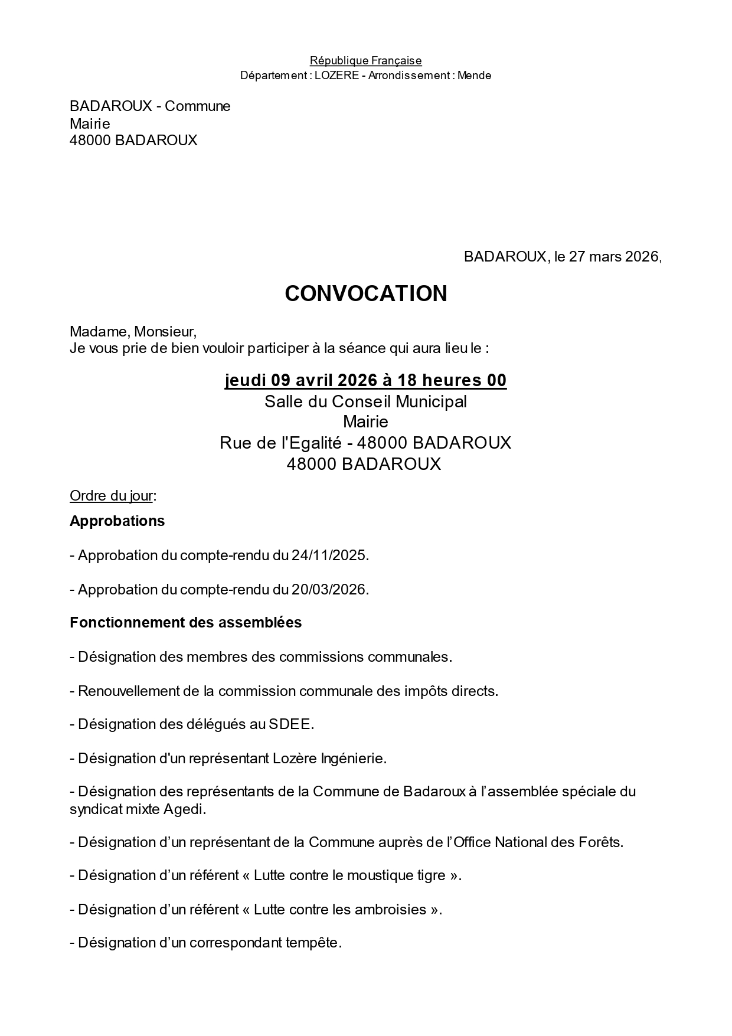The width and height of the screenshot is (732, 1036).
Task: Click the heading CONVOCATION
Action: tap(365, 293)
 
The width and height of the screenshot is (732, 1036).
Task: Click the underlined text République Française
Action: tap(365, 60)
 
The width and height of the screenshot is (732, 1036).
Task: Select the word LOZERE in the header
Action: tap(336, 76)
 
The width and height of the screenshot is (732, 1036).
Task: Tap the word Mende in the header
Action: tap(474, 76)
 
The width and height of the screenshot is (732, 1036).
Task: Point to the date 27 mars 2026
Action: tap(614, 257)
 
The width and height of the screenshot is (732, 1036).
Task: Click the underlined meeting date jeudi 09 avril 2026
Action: tap(300, 380)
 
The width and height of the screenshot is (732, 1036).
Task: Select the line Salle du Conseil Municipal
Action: tap(365, 401)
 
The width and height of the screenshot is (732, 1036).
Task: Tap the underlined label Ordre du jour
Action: tap(111, 495)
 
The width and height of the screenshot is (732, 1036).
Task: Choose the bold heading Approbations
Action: tap(117, 521)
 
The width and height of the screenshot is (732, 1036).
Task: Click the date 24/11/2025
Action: tap(329, 555)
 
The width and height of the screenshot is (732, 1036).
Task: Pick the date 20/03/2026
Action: tap(329, 590)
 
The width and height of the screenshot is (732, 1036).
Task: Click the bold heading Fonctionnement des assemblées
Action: tap(185, 622)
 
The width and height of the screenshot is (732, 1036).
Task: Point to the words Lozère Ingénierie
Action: tap(329, 758)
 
